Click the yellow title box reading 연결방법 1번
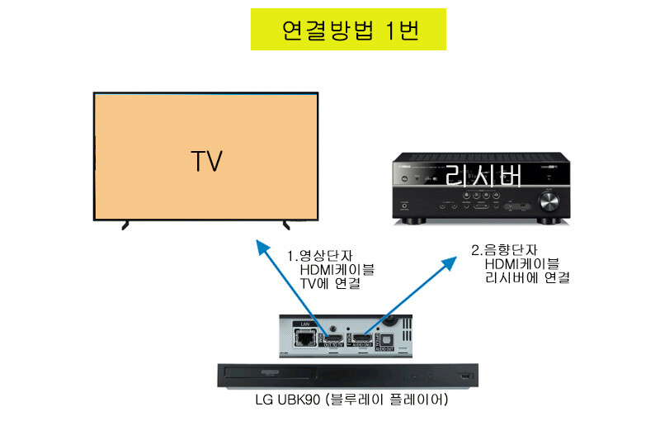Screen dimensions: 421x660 [348, 30]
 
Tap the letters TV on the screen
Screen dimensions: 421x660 [206, 160]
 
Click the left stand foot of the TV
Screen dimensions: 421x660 [125, 223]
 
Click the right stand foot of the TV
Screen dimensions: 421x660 [286, 223]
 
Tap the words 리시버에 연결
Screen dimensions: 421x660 [528, 278]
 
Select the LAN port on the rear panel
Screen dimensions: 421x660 [304, 338]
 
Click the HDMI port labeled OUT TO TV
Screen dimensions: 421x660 [334, 338]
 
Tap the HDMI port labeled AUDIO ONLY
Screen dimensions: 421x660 [365, 338]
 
